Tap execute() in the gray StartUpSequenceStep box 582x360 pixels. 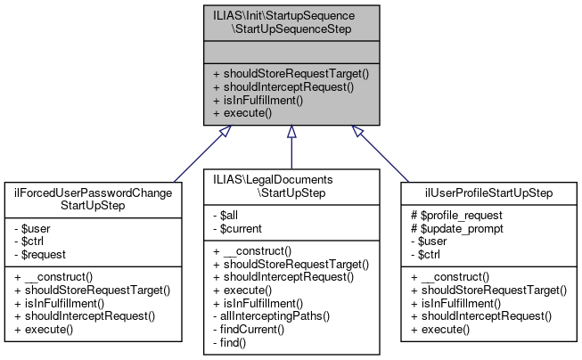pyautogui.click(x=247, y=114)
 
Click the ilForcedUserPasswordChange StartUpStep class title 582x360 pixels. pyautogui.click(x=96, y=199)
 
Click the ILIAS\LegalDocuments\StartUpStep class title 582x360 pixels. pyautogui.click(x=291, y=185)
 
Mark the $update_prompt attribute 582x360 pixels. pyautogui.click(x=455, y=227)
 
